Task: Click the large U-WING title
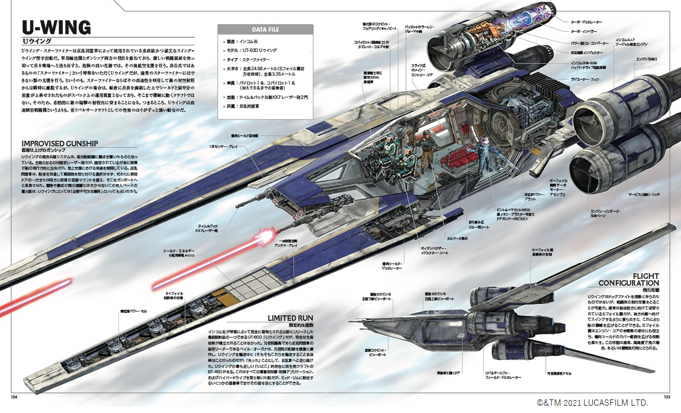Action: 56,28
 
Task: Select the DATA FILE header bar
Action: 265,29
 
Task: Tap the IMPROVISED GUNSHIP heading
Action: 59,144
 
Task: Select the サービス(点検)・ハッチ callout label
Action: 648,194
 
